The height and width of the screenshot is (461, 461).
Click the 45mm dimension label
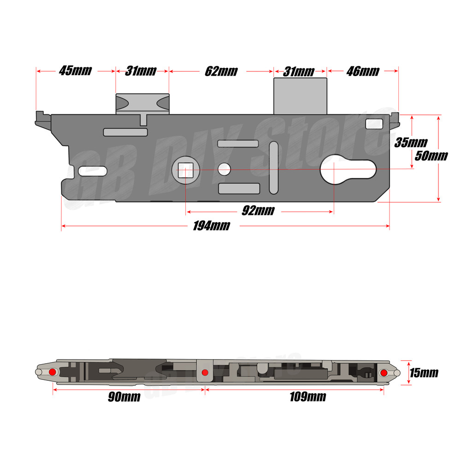76,71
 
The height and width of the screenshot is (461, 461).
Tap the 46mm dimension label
362,71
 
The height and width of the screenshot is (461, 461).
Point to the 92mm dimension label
258,211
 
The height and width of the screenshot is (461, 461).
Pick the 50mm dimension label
431,155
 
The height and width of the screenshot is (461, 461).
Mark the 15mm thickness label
423,372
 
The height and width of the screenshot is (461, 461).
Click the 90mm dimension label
124,397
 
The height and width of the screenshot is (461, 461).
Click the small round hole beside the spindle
225,169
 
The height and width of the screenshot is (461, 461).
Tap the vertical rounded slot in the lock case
274,167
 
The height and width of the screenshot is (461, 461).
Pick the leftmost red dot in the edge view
52,372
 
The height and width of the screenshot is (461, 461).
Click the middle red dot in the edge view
205,372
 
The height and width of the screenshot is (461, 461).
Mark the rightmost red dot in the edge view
384,372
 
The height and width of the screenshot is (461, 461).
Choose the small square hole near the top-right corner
373,124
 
